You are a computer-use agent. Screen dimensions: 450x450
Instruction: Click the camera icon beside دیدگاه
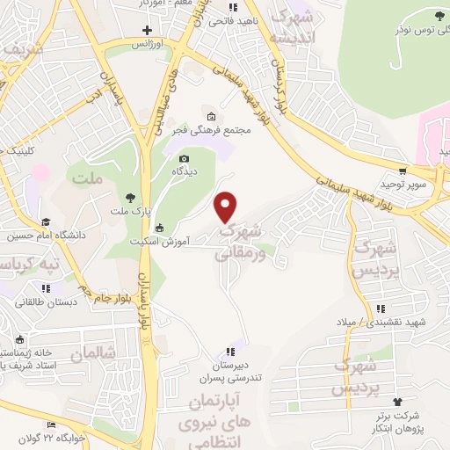[184, 158]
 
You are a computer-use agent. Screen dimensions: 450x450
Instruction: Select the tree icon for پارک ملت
[131, 198]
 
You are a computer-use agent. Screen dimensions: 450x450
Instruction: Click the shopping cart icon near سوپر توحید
[402, 171]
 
